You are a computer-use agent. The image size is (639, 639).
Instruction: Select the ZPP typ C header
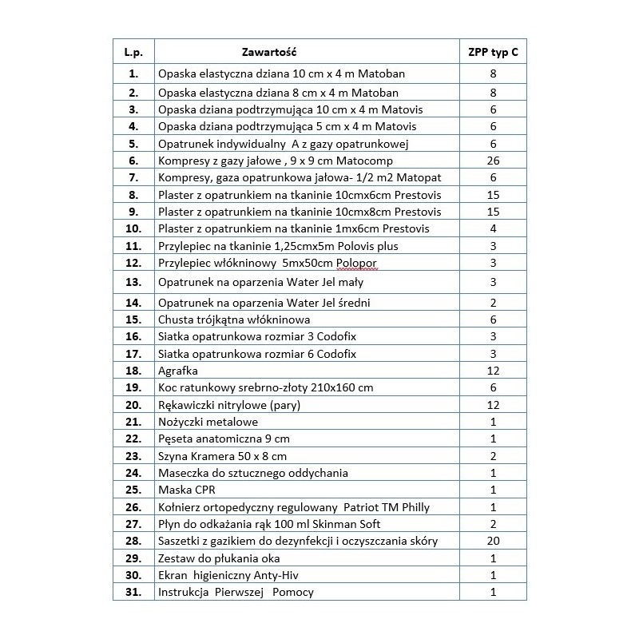click(x=492, y=53)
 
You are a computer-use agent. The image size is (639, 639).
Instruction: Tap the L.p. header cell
click(x=133, y=53)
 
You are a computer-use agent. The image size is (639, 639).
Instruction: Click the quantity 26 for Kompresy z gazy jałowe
click(x=492, y=161)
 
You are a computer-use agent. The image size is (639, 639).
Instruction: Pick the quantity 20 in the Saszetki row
click(x=492, y=541)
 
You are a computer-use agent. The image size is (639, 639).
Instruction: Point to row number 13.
click(x=133, y=282)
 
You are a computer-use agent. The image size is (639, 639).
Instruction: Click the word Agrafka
click(x=178, y=371)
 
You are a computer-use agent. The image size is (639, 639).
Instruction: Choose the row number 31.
click(x=133, y=592)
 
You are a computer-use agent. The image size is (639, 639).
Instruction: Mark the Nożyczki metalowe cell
click(x=208, y=421)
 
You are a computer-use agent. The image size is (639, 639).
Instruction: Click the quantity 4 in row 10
click(x=492, y=228)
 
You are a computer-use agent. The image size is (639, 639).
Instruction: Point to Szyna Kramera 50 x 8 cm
click(x=223, y=455)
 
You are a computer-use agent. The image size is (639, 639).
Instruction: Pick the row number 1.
click(x=133, y=74)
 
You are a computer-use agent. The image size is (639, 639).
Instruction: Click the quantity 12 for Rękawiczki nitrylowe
click(x=492, y=404)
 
